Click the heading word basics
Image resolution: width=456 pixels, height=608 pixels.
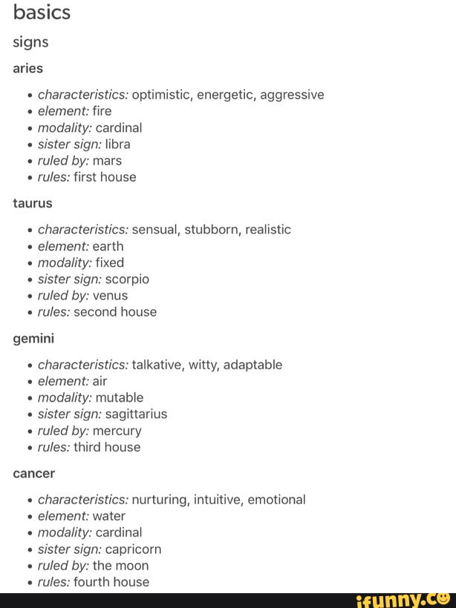tap(42, 13)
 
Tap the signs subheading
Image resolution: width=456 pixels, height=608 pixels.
tap(30, 42)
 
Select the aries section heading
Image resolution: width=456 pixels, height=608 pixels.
tap(28, 68)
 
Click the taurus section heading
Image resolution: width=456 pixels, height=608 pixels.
tap(33, 203)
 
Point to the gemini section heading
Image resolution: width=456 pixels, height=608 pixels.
tap(33, 339)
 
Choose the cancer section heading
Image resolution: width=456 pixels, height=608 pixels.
tap(34, 473)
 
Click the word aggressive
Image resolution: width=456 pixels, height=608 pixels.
tap(290, 95)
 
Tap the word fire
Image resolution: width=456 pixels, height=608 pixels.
tap(102, 111)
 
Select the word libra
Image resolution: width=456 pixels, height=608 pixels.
tap(117, 144)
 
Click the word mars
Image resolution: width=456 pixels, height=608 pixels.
tap(107, 160)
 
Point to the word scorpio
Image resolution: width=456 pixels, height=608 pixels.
tap(127, 279)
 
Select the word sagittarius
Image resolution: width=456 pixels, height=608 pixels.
tap(136, 414)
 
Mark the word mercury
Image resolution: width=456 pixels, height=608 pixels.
tap(117, 431)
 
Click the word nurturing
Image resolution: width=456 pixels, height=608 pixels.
tap(159, 500)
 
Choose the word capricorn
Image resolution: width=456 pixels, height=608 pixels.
tap(133, 549)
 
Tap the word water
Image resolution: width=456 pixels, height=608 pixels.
tap(109, 516)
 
